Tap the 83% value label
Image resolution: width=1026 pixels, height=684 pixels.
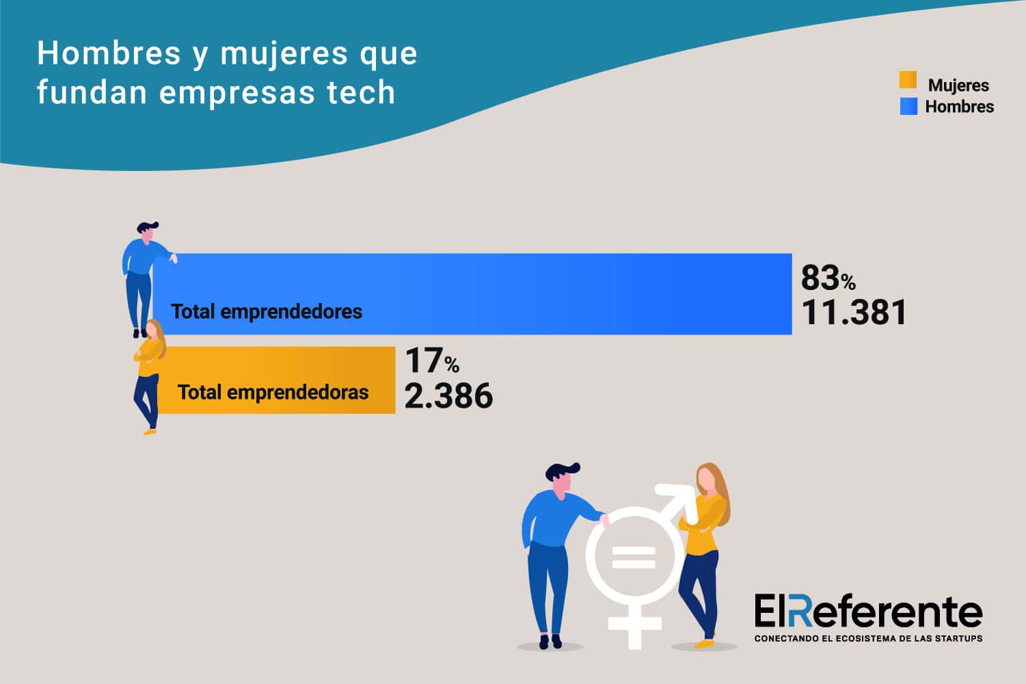pyautogui.click(x=828, y=278)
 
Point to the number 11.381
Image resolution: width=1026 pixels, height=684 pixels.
pyautogui.click(x=854, y=313)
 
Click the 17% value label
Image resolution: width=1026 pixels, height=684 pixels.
pyautogui.click(x=431, y=361)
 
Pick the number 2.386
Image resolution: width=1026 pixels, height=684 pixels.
pyautogui.click(x=448, y=396)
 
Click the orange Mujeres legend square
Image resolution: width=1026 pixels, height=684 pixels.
pyautogui.click(x=908, y=81)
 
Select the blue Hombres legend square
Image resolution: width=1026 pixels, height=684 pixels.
pyautogui.click(x=908, y=106)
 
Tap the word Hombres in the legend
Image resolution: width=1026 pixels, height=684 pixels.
pyautogui.click(x=959, y=107)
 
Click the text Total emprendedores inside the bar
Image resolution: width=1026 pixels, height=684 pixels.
pyautogui.click(x=267, y=312)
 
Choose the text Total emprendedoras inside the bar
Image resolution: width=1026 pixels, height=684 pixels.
pyautogui.click(x=273, y=393)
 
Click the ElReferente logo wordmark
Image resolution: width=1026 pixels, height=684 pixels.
pyautogui.click(x=868, y=611)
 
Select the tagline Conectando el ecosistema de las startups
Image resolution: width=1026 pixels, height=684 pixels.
pyautogui.click(x=868, y=639)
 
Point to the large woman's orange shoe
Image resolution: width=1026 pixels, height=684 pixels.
pyautogui.click(x=704, y=644)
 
